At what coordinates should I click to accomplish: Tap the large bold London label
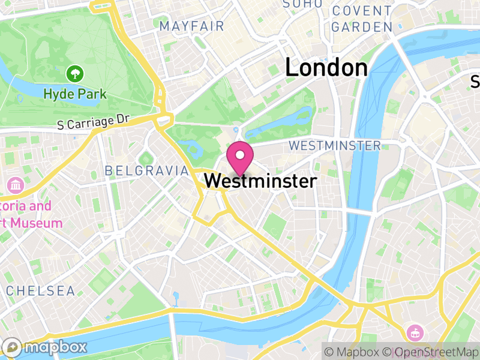[326, 68]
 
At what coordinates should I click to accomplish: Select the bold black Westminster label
[260, 181]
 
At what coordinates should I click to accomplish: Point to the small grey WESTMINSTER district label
[334, 146]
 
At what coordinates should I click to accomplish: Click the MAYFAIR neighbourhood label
[191, 26]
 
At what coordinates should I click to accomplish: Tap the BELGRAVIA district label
[146, 171]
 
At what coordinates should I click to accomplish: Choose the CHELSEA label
[40, 291]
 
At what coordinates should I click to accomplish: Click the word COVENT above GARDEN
[362, 11]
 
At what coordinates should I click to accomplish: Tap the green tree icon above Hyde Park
[75, 74]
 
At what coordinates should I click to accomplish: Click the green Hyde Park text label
[75, 94]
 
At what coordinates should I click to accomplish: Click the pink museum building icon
[14, 184]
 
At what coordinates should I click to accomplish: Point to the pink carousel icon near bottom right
[415, 332]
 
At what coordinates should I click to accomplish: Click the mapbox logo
[45, 347]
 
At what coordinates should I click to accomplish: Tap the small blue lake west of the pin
[191, 146]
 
